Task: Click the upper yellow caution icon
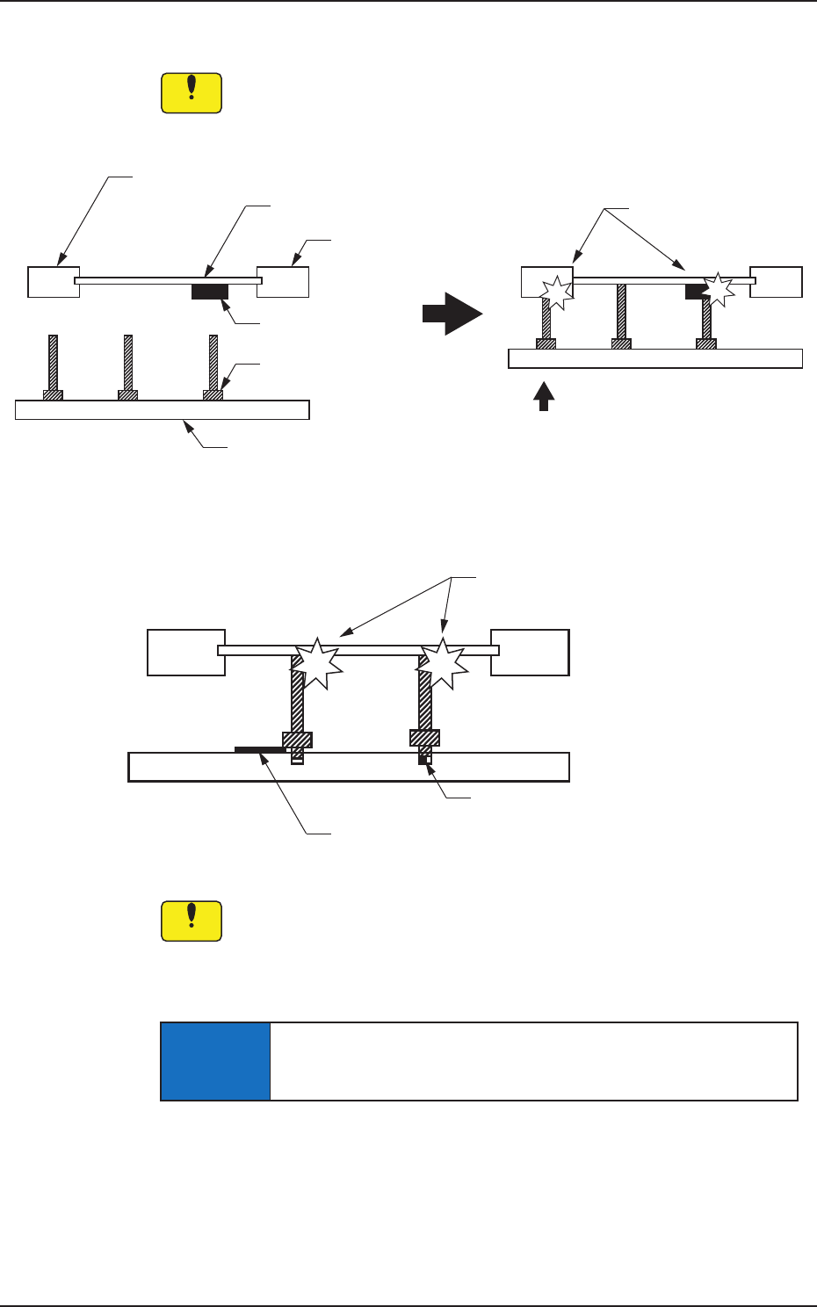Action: point(192,93)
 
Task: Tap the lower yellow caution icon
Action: point(192,921)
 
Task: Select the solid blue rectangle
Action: point(215,1061)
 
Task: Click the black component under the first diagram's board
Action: point(210,292)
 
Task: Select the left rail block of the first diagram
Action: point(54,282)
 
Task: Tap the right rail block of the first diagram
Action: point(283,282)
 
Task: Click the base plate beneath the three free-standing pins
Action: point(163,410)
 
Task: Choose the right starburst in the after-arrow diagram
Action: point(719,288)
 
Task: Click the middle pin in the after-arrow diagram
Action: point(621,311)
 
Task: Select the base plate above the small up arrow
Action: point(655,358)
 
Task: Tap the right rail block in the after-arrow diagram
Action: point(776,282)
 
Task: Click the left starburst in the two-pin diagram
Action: point(316,661)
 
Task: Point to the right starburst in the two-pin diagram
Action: point(442,661)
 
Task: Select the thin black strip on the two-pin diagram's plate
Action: point(260,750)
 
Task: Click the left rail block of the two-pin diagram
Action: point(186,652)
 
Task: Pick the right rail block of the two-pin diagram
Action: point(530,652)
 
